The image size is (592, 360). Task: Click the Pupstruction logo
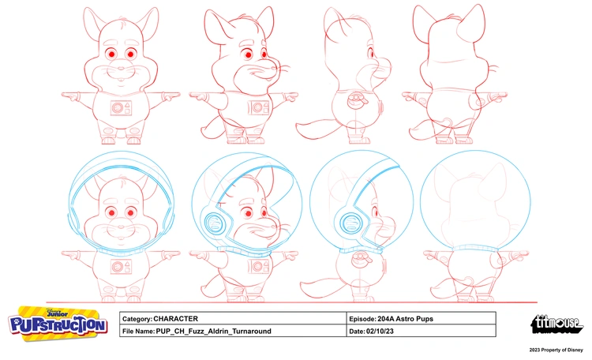[58, 324]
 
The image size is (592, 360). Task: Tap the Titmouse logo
[556, 324]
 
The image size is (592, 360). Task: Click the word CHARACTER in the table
[175, 319]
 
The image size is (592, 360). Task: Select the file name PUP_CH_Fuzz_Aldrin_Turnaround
[213, 332]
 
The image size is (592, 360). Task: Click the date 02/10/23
[380, 332]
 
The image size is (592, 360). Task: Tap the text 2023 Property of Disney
[556, 350]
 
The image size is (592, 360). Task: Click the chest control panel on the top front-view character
[122, 108]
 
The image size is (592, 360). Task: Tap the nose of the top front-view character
[121, 69]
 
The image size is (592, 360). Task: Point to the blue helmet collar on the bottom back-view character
[475, 249]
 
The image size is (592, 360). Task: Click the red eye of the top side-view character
[372, 54]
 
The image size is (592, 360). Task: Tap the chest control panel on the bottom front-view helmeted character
[122, 267]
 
